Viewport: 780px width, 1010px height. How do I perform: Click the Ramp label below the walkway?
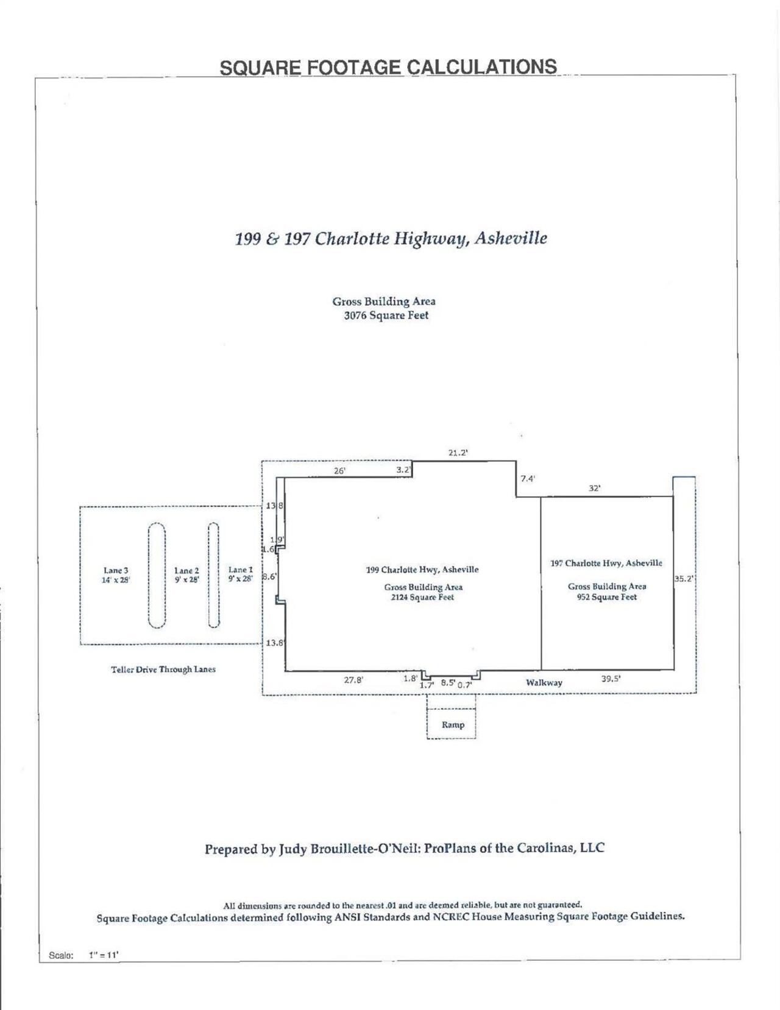[453, 725]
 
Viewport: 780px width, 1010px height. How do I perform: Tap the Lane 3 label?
[116, 571]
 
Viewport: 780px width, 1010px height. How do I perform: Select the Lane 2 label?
[186, 571]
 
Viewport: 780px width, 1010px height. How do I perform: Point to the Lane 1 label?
[240, 570]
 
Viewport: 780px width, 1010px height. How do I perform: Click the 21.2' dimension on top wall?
[458, 453]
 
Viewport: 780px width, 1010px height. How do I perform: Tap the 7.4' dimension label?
[528, 479]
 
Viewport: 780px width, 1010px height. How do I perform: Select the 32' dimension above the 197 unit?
[594, 488]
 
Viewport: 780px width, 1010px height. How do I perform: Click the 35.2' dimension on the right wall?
[684, 579]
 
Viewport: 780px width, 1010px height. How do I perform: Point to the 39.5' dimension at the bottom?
[611, 678]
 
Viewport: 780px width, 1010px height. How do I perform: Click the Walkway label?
[544, 683]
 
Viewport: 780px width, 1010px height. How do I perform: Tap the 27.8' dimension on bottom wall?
[353, 680]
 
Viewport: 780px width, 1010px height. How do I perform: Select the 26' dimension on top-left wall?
[339, 471]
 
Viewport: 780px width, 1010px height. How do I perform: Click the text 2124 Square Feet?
[423, 598]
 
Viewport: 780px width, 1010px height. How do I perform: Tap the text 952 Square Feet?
[607, 598]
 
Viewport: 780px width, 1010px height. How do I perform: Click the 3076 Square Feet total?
[386, 316]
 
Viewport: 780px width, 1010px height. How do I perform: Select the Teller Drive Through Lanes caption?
[163, 669]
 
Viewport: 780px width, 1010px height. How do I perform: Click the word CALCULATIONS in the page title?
[481, 67]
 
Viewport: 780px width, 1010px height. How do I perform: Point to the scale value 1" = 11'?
[104, 955]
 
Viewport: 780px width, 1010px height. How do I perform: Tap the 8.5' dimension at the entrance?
[448, 683]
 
